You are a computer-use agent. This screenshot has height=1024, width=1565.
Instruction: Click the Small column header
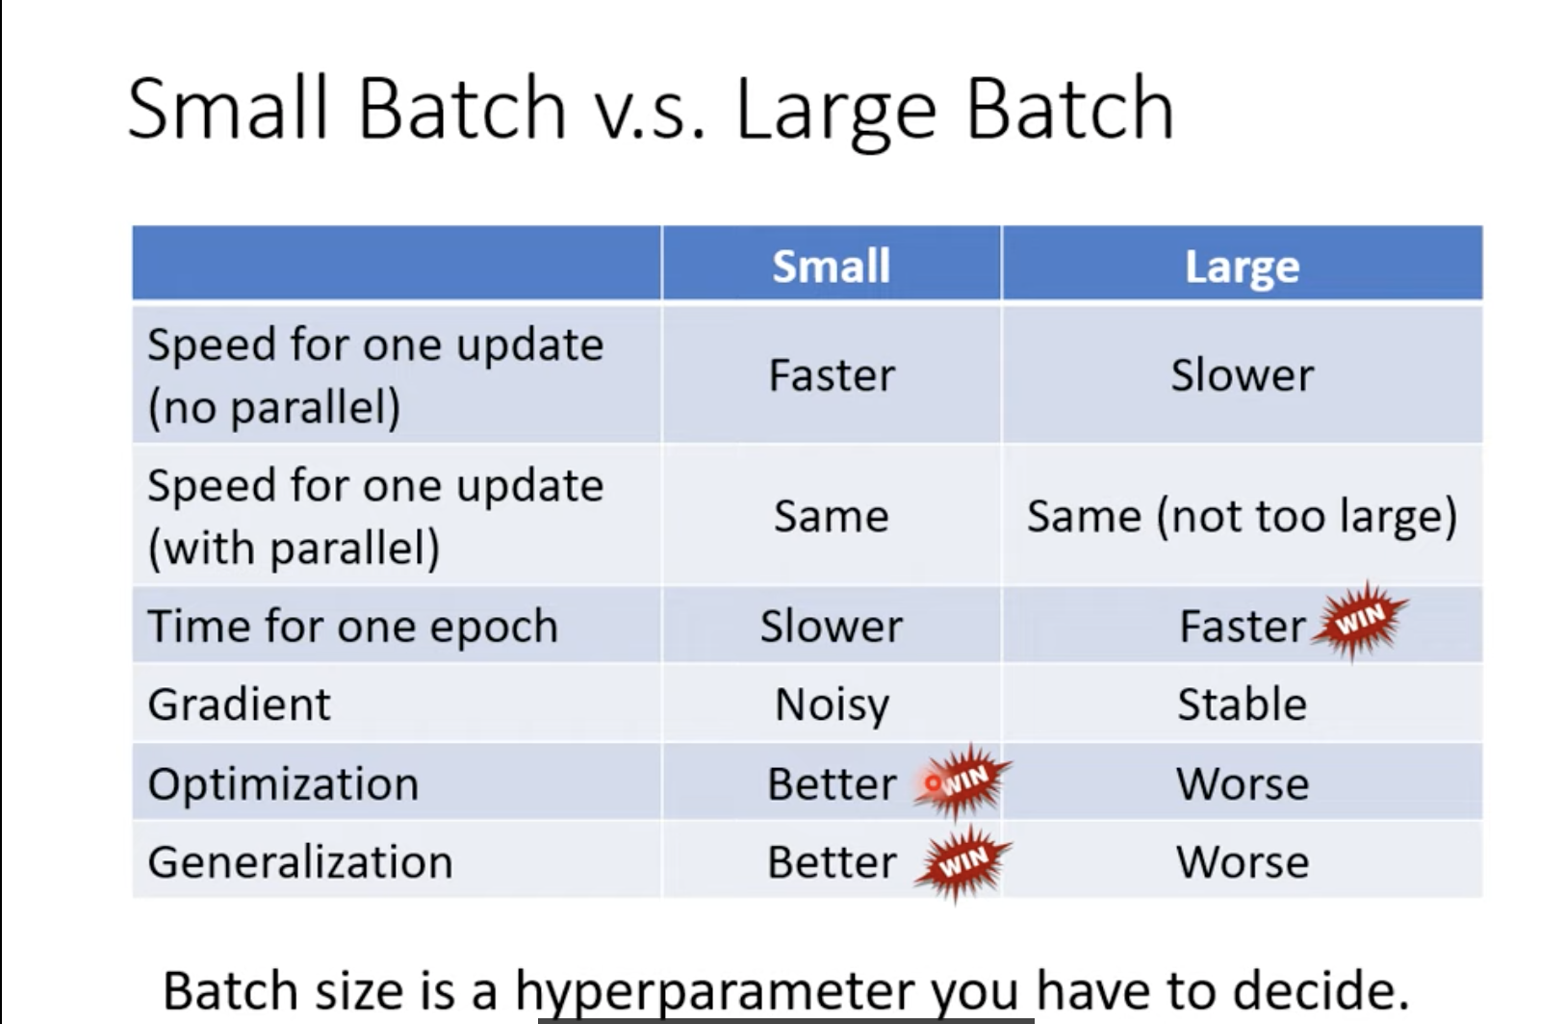(831, 267)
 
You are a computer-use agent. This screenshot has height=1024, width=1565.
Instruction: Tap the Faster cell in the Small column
(832, 375)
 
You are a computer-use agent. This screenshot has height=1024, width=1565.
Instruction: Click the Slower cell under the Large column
(1243, 375)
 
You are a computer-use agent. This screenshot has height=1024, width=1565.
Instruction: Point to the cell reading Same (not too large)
(1243, 517)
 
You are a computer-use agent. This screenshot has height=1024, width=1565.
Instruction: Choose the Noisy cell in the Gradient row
(833, 704)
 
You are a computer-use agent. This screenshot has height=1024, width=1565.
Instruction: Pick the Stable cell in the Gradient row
(1243, 704)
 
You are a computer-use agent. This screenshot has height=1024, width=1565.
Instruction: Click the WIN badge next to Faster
(1360, 621)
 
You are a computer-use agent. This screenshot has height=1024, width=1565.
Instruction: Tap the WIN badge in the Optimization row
(962, 781)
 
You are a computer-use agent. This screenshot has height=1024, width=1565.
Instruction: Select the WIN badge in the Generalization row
(962, 862)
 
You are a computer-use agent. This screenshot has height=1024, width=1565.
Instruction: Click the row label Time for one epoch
(353, 626)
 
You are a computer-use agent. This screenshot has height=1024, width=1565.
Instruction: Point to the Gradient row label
(239, 704)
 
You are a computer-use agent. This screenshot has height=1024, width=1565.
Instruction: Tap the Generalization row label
(300, 861)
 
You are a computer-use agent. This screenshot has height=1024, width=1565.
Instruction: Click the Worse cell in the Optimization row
(1243, 783)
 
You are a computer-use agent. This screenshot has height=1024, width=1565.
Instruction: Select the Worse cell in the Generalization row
(1243, 861)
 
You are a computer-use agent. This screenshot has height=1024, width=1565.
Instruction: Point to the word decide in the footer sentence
(1321, 989)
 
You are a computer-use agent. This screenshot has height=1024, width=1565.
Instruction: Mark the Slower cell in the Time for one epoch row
(832, 626)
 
